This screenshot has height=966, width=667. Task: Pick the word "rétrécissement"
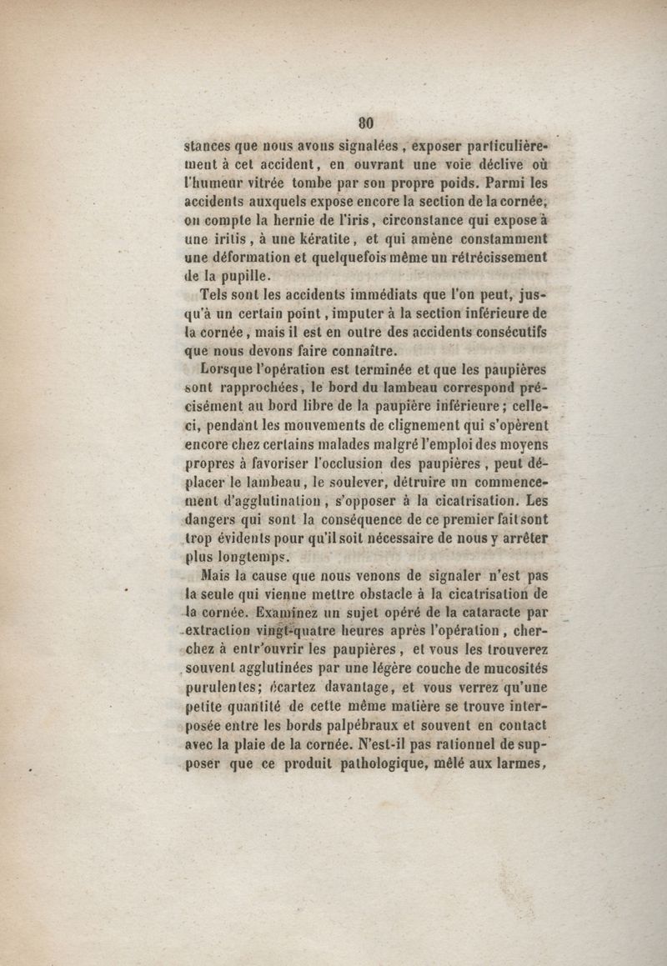(x=499, y=258)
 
